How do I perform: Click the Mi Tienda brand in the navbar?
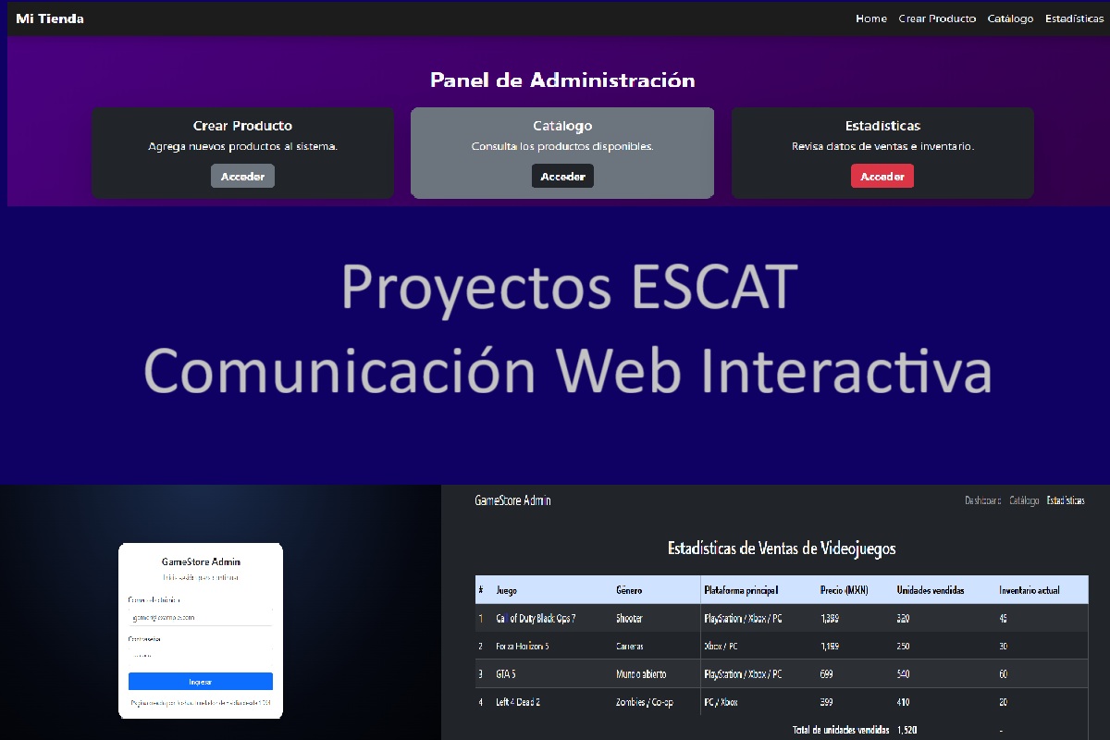click(x=50, y=18)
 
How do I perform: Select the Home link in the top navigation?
click(x=870, y=18)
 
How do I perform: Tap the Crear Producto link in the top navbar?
click(x=937, y=18)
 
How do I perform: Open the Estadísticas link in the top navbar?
click(x=1074, y=18)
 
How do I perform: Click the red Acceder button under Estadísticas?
click(x=882, y=177)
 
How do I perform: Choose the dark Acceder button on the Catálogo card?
click(x=562, y=177)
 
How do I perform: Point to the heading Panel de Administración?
click(x=562, y=80)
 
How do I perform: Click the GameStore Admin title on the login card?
click(x=201, y=561)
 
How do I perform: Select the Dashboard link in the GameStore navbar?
click(x=982, y=500)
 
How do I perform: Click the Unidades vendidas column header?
click(x=931, y=590)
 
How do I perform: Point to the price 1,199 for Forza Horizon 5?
click(x=832, y=647)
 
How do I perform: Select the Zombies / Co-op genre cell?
click(x=644, y=702)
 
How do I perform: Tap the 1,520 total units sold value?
click(x=906, y=730)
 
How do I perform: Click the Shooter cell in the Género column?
click(x=629, y=618)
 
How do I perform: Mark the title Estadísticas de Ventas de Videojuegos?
click(x=782, y=549)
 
